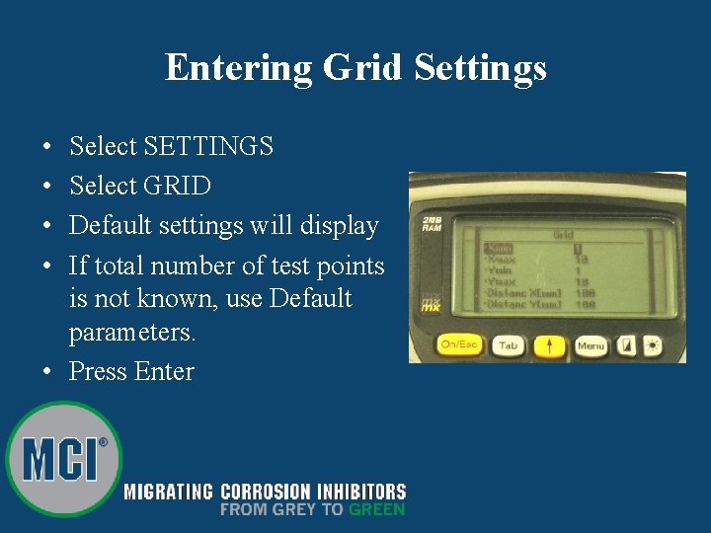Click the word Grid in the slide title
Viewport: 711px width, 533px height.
point(360,68)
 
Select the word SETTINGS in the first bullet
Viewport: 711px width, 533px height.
point(208,146)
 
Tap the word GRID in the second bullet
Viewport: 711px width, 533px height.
point(177,186)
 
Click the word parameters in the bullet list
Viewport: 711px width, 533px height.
point(132,333)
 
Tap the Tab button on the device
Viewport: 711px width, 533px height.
point(507,345)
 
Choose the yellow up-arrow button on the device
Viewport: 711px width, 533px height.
point(549,345)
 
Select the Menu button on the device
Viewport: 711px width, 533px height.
point(591,345)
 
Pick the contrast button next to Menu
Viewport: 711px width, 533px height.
point(627,345)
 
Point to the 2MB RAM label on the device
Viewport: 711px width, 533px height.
point(432,223)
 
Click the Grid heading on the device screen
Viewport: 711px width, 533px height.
point(563,235)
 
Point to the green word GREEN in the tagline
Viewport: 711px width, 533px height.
point(376,509)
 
